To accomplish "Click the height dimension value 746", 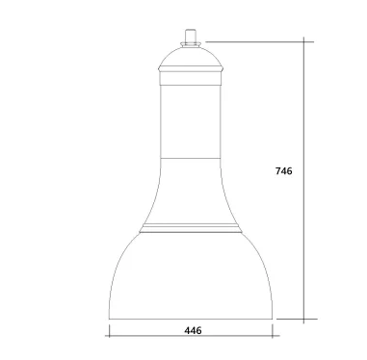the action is tap(284, 171).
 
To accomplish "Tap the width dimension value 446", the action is tap(193, 330).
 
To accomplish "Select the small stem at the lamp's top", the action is tap(191, 36).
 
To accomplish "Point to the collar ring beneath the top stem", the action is tap(191, 44).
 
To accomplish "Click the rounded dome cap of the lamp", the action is tap(191, 57).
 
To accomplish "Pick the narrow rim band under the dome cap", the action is tap(191, 68).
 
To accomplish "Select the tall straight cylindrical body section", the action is tap(191, 121).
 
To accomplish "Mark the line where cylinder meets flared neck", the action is tap(191, 158).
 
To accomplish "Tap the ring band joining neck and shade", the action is tap(191, 228).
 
